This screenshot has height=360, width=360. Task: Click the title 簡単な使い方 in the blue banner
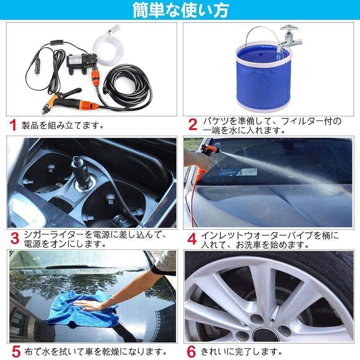(180, 10)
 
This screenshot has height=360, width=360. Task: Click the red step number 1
(13, 125)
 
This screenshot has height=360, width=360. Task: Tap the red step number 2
(192, 125)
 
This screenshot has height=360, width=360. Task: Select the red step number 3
(15, 239)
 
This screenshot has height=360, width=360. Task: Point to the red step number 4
(192, 239)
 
